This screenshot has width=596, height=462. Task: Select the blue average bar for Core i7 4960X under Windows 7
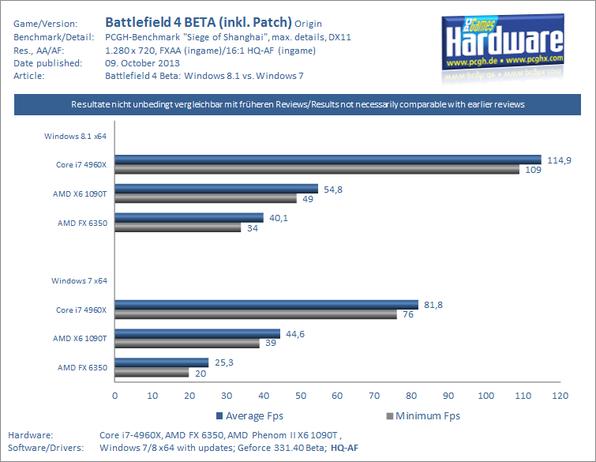(266, 305)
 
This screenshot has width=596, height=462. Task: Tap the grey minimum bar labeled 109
(317, 170)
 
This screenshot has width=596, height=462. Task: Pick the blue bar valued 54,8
(216, 189)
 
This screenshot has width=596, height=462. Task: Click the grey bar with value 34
(178, 227)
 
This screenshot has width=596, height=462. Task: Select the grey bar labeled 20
(152, 372)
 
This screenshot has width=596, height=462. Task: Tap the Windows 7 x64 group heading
(79, 280)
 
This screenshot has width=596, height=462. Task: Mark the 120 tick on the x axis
(559, 395)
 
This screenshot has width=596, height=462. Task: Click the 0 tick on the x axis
(115, 395)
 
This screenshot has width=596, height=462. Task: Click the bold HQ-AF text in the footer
(343, 447)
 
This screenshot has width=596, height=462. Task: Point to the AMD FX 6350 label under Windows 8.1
(82, 223)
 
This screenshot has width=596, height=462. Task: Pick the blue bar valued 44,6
(197, 333)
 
